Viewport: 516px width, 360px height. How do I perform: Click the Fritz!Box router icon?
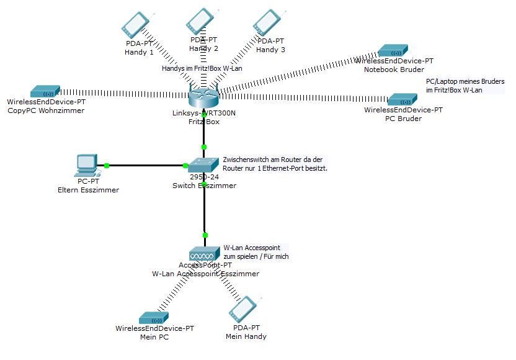tap(203, 96)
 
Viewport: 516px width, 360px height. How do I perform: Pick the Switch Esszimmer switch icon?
tap(204, 165)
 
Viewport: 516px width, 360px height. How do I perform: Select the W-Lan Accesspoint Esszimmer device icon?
tap(203, 253)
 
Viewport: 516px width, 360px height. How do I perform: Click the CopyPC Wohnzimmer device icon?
tap(45, 92)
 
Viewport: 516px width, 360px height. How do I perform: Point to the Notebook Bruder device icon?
tap(394, 50)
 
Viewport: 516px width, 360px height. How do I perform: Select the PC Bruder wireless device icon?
tap(402, 99)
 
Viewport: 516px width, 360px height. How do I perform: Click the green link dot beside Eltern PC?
tap(107, 165)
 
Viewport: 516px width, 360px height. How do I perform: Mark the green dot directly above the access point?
tap(205, 235)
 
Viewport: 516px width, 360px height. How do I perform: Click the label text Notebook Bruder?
tap(394, 70)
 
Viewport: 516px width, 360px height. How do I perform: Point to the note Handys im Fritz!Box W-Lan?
tap(201, 69)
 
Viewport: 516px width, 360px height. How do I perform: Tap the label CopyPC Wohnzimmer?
tap(46, 110)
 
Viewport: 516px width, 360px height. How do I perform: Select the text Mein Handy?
tap(246, 336)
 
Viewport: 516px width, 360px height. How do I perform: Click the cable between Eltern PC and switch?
tap(146, 166)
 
